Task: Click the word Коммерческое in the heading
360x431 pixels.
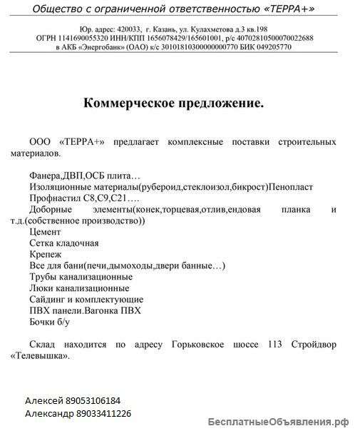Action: point(129,103)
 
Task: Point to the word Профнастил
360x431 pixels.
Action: point(52,197)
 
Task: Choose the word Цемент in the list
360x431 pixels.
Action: point(46,232)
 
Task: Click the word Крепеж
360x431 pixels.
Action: point(46,254)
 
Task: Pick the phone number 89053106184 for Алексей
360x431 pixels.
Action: point(91,401)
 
